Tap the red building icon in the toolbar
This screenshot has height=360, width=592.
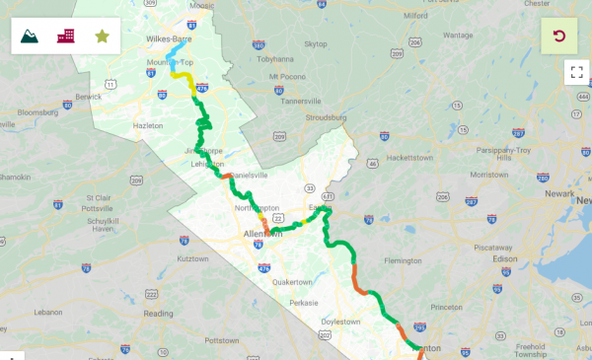tap(66, 36)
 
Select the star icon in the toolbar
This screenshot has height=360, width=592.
tap(102, 36)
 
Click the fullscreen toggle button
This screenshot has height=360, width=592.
tap(576, 72)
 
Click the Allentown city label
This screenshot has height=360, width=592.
tap(262, 234)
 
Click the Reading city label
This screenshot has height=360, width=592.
tap(158, 314)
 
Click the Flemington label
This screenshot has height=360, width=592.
tap(404, 261)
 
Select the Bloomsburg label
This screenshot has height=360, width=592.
tap(38, 113)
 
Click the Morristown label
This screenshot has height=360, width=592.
tap(489, 174)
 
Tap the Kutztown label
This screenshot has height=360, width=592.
tap(191, 258)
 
